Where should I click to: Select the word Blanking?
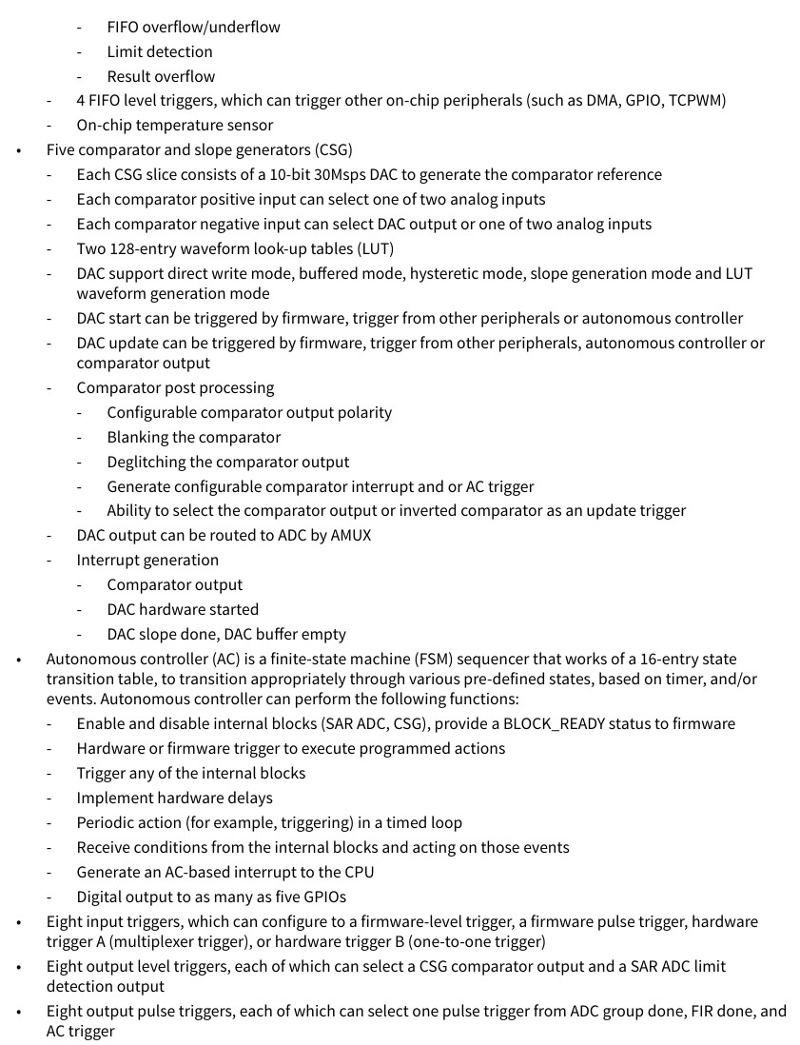[x=138, y=438]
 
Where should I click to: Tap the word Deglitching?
[x=148, y=463]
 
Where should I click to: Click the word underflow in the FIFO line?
[x=245, y=27]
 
